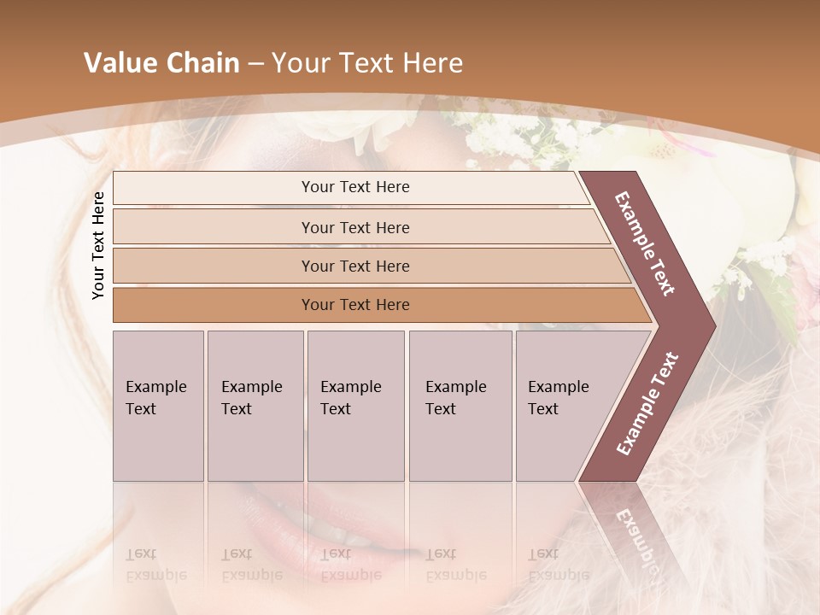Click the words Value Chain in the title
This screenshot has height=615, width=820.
pyautogui.click(x=161, y=63)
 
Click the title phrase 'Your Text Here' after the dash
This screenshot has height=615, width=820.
pyautogui.click(x=367, y=63)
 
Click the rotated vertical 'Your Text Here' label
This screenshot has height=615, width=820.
pyautogui.click(x=98, y=245)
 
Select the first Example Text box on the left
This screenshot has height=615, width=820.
pyautogui.click(x=158, y=405)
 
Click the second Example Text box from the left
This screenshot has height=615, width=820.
pyautogui.click(x=255, y=405)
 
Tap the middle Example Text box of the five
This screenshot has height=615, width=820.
pyautogui.click(x=355, y=405)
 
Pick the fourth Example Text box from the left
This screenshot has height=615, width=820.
pyautogui.click(x=460, y=405)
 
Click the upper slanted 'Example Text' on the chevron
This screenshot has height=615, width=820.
pyautogui.click(x=645, y=243)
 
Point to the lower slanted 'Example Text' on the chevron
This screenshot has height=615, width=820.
pyautogui.click(x=647, y=403)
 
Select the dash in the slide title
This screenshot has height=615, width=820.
pyautogui.click(x=255, y=64)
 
